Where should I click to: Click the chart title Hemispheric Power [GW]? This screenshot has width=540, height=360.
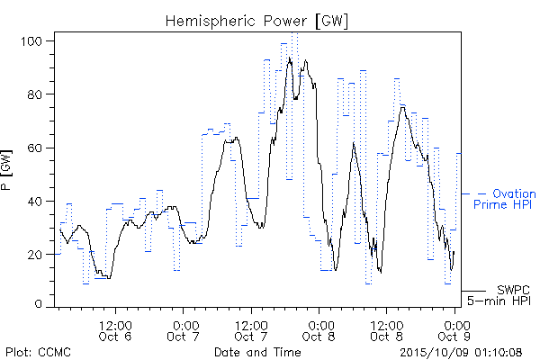point(256,21)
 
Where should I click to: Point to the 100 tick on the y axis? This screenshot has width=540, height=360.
point(31,41)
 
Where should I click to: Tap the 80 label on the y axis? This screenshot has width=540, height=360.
point(35,94)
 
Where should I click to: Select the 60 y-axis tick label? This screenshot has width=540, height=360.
point(35,148)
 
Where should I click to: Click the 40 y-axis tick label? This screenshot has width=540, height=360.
point(35,202)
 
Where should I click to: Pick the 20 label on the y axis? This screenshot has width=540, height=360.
point(35,255)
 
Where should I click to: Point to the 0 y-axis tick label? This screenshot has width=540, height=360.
point(39,304)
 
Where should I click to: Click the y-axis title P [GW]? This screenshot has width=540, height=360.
point(6,170)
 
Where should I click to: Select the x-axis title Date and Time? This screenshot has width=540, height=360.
point(257,352)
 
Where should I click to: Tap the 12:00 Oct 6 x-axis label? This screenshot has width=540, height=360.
point(115,331)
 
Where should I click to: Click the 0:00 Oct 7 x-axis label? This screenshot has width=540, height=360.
point(184,331)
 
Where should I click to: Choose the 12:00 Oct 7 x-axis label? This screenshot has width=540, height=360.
point(251,331)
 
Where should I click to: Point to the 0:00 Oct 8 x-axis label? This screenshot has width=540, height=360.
point(319,331)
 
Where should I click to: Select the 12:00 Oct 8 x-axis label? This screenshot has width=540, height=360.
point(386,331)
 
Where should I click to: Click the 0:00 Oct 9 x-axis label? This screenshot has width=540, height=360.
point(454,331)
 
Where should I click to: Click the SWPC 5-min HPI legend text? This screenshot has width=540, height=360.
point(499,295)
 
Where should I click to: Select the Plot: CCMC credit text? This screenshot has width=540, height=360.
point(38,352)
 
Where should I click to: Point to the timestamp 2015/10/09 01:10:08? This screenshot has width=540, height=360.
point(461,352)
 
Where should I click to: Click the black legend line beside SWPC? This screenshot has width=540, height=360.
point(473,291)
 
